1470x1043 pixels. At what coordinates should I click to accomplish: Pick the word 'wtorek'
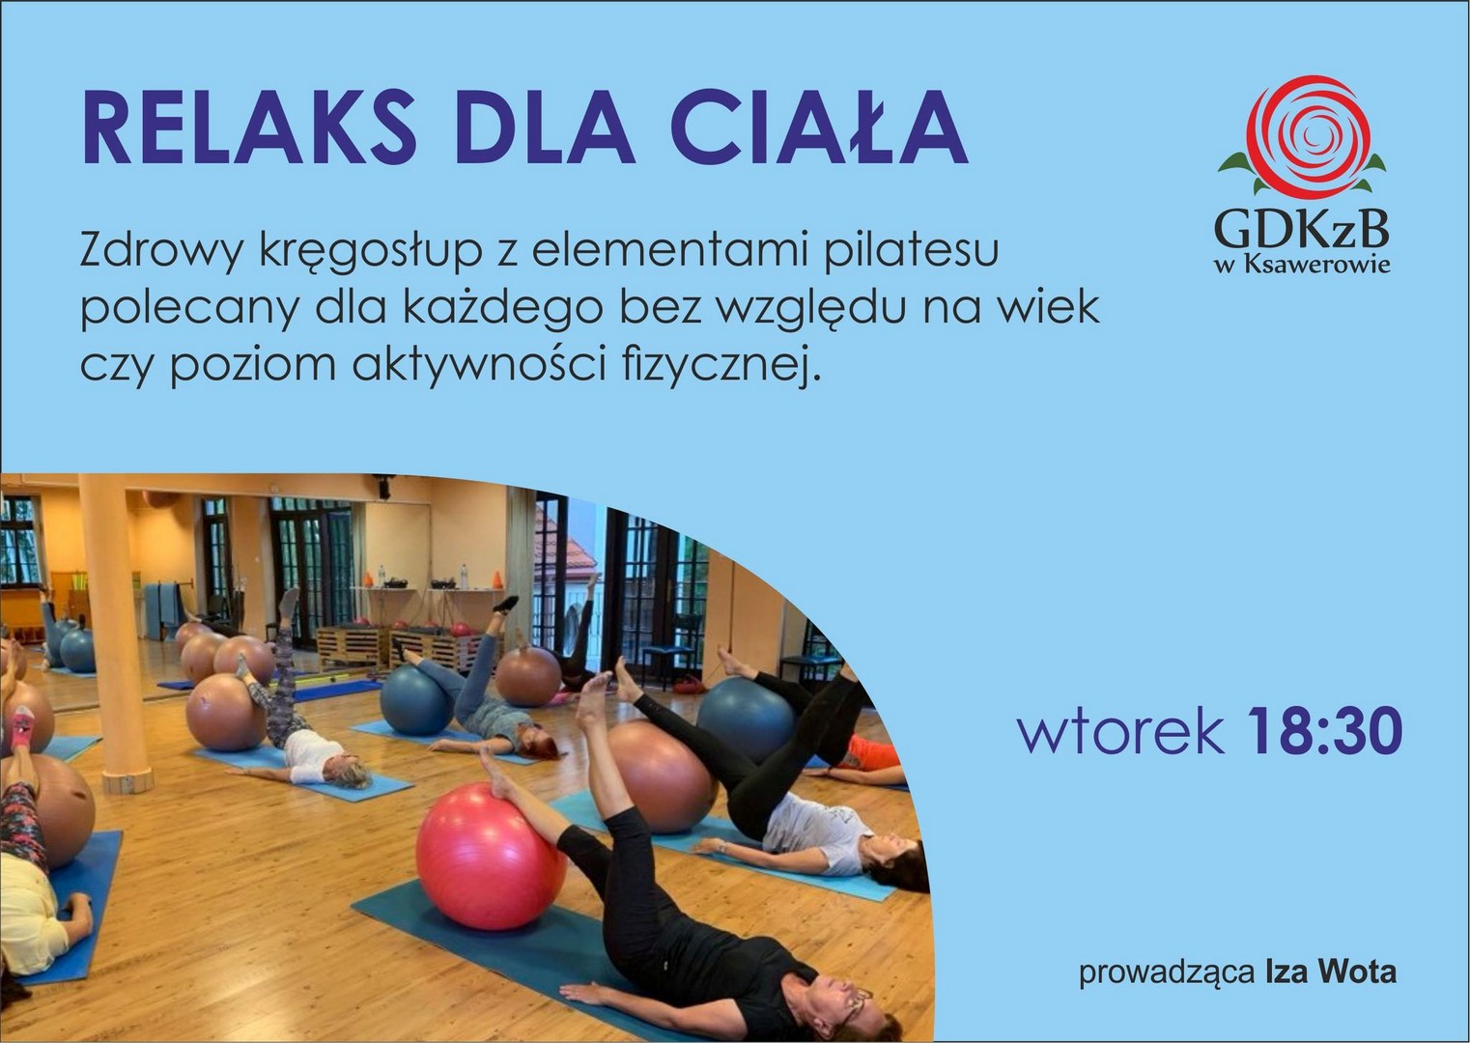coord(1121,734)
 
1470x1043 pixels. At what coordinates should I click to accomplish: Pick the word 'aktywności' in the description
coord(479,364)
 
